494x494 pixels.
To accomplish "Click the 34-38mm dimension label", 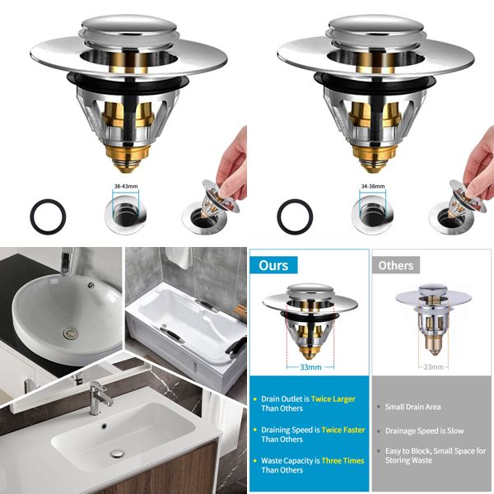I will point(374,187).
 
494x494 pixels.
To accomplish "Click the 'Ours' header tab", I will point(273,266).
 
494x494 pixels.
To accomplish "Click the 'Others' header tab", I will point(396,266).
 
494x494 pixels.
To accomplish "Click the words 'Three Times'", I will point(343,460).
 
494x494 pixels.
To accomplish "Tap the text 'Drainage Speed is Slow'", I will point(425,431).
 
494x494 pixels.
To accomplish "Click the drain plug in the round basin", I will point(70,333).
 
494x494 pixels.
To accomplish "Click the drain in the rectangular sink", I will point(117,454).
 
